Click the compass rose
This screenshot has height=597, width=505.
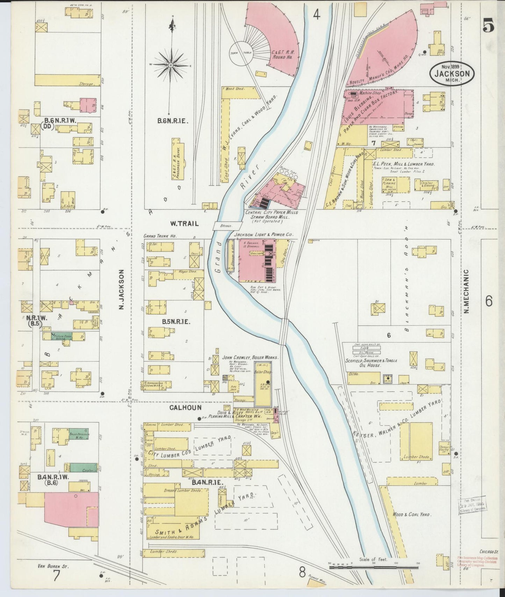(171, 65)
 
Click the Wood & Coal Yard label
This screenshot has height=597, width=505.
(411, 514)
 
